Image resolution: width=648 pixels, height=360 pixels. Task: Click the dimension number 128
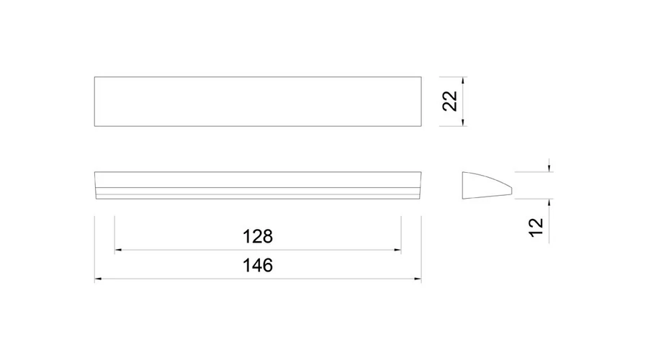258,236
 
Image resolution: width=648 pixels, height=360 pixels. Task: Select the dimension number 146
258,266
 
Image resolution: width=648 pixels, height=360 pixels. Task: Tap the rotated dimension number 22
449,101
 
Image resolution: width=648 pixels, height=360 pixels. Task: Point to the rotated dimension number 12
536,228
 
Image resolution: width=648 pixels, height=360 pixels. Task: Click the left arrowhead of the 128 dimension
118,250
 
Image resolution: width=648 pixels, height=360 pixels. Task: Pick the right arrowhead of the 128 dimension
397,250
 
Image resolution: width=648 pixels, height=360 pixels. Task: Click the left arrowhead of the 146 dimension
98,279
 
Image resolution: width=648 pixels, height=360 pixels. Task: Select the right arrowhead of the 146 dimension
418,279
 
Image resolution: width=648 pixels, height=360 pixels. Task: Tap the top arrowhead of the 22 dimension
463,80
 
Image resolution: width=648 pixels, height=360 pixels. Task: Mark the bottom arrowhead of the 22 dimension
463,122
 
